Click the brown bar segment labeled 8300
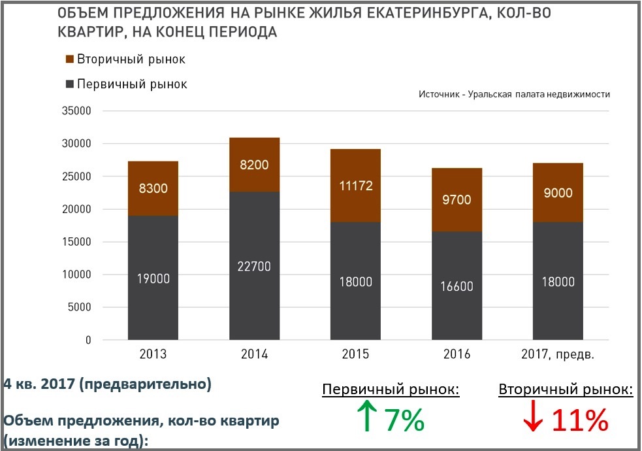(x=153, y=188)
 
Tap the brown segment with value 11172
(x=355, y=186)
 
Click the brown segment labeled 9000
(x=558, y=192)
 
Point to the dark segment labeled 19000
(x=153, y=278)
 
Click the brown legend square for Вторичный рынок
(x=71, y=59)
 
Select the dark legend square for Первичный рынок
(x=71, y=84)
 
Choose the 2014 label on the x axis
(x=254, y=355)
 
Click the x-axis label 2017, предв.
(x=558, y=355)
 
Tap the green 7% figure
(x=404, y=420)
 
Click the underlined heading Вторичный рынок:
(x=566, y=390)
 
